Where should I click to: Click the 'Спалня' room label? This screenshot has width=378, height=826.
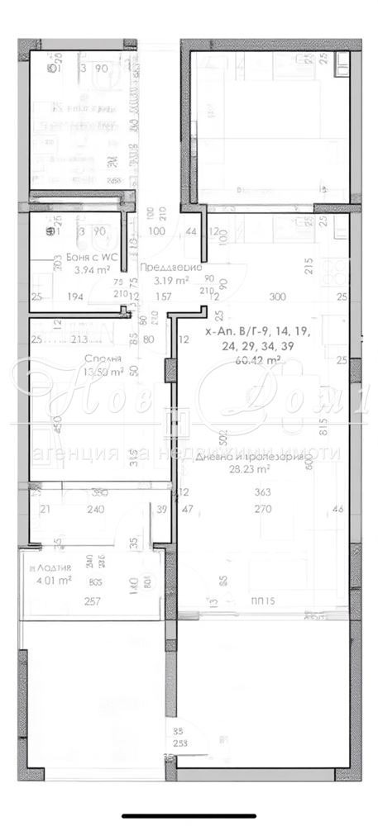pos(103,358)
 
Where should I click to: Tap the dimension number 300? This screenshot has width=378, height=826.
pos(278,297)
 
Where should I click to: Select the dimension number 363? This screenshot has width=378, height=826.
pos(263,493)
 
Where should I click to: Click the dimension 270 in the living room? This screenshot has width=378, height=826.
pos(263,510)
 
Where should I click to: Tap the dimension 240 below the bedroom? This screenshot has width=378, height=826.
pos(95,510)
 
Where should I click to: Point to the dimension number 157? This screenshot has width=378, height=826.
pos(163,297)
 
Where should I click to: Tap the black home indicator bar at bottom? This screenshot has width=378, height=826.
pos(189,815)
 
